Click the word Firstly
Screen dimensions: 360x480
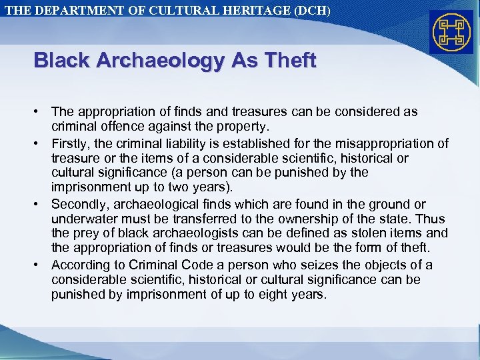pyautogui.click(x=73, y=143)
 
